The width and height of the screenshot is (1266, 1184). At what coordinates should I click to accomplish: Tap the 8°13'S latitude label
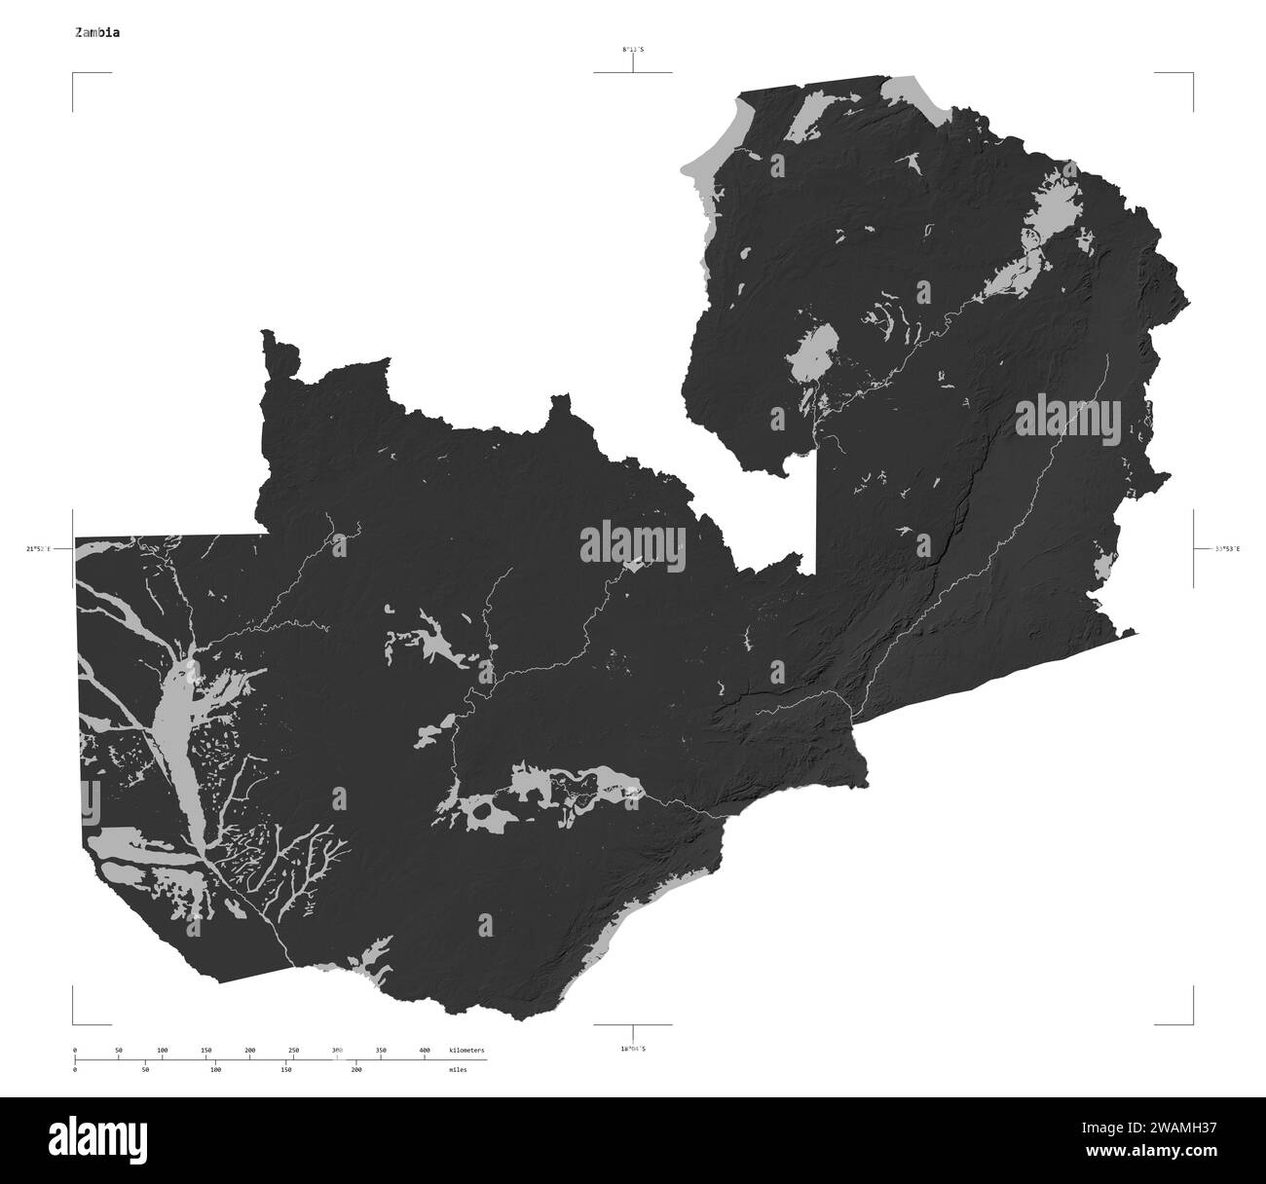pos(633,49)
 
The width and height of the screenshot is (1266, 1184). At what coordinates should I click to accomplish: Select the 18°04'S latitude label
pos(633,1049)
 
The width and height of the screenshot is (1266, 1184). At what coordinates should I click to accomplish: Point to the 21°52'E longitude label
pos(40,549)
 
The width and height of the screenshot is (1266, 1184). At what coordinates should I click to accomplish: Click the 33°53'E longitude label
pos(1227,549)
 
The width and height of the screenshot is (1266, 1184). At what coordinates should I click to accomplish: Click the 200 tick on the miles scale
pos(356,1069)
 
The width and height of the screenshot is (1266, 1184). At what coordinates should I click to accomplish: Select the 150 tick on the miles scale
pos(286,1069)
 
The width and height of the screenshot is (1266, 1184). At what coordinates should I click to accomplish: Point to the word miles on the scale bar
pos(458,1069)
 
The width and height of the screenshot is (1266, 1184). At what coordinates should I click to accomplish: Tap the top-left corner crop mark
pos(74,74)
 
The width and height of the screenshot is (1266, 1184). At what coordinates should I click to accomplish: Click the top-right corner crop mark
pos(1192,74)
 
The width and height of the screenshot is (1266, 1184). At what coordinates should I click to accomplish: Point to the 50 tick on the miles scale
pos(145,1069)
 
